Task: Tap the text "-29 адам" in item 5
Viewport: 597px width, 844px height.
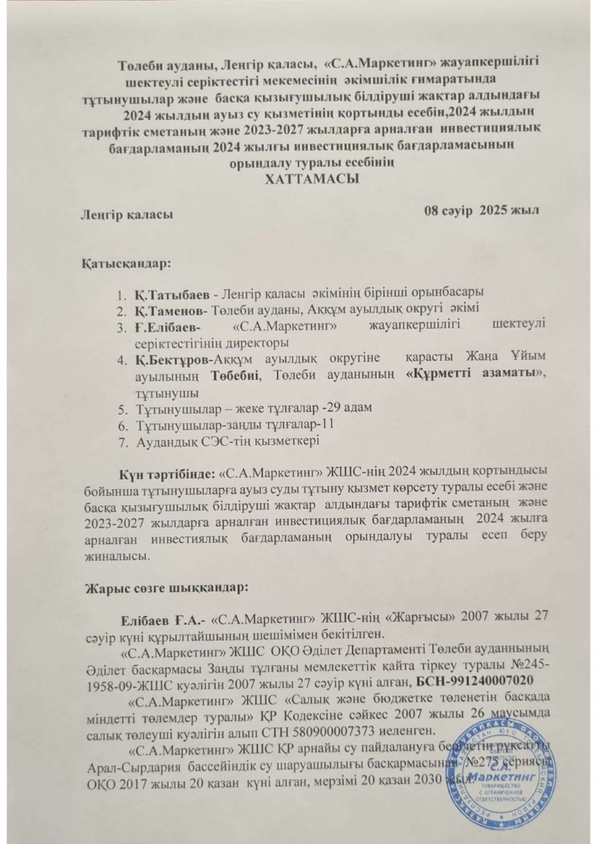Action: point(352,408)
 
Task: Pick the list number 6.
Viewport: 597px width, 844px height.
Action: point(120,425)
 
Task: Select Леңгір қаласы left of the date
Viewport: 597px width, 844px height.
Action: point(127,215)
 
